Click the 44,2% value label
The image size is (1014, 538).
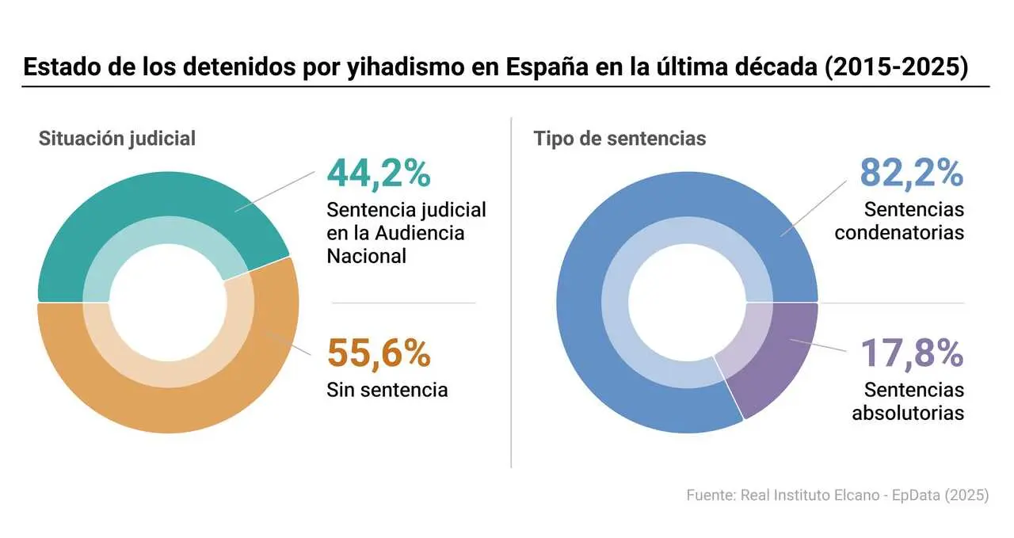379,174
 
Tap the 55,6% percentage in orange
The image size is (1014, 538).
379,353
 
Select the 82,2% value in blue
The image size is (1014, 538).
911,174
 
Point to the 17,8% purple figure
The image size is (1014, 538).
911,353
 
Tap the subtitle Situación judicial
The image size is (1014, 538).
117,138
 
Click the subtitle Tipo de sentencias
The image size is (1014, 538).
619,138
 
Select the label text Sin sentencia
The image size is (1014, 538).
387,390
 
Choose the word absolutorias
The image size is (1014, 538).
908,413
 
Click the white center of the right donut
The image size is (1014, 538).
687,302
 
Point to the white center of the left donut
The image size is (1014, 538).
168,302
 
